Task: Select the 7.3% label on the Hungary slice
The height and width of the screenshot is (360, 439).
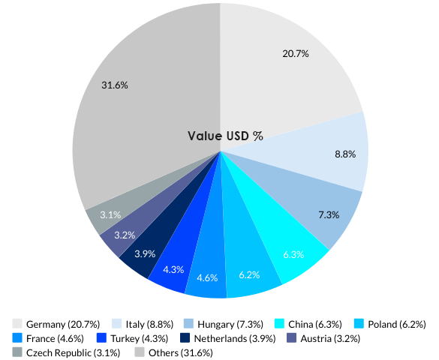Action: (x=329, y=214)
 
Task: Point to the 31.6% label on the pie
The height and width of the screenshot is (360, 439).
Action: (x=115, y=85)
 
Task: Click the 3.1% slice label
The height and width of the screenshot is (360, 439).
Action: (x=110, y=214)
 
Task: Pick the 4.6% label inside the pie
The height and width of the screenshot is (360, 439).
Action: (x=206, y=277)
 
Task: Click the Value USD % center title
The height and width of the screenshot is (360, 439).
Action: (x=225, y=136)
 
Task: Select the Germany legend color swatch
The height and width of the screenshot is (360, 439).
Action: (x=17, y=324)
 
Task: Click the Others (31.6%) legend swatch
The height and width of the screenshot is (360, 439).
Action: (x=140, y=352)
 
